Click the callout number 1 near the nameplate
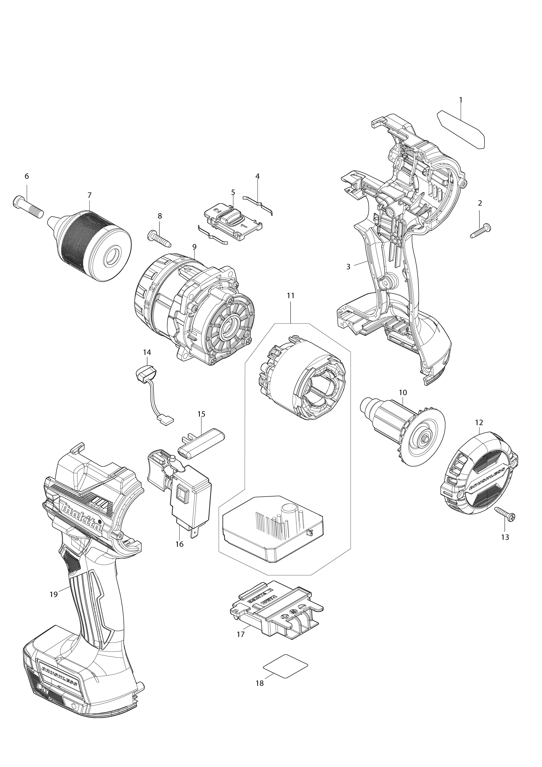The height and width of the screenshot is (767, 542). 461,100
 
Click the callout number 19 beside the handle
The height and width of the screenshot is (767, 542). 53,594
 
